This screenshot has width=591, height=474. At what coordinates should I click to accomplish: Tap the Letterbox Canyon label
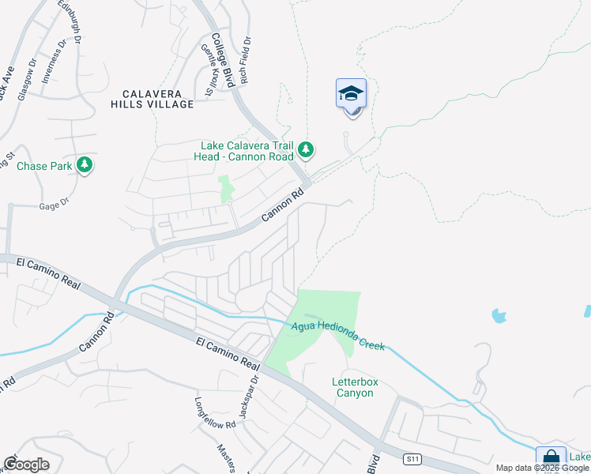coord(355,387)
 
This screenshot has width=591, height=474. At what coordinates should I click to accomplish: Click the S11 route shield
coord(411,459)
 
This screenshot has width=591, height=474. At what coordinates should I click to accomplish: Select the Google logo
coord(26,465)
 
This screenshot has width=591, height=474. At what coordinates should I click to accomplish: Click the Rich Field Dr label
coord(246,59)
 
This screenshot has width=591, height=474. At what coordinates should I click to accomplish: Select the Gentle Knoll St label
coord(209,70)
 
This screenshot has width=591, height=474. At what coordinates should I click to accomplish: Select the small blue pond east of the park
coord(499,316)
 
